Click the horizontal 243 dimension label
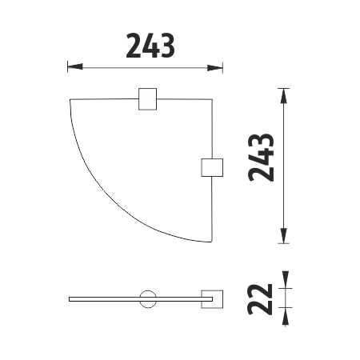click(x=150, y=46)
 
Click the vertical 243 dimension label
click(x=261, y=158)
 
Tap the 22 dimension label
click(x=261, y=298)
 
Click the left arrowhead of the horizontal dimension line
click(x=75, y=67)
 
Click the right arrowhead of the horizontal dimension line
click(x=215, y=68)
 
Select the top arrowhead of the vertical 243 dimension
click(x=284, y=96)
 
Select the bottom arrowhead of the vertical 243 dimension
click(x=284, y=236)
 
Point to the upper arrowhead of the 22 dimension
click(x=286, y=279)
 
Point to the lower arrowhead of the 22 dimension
click(x=286, y=316)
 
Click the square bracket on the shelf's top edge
click(x=147, y=99)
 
